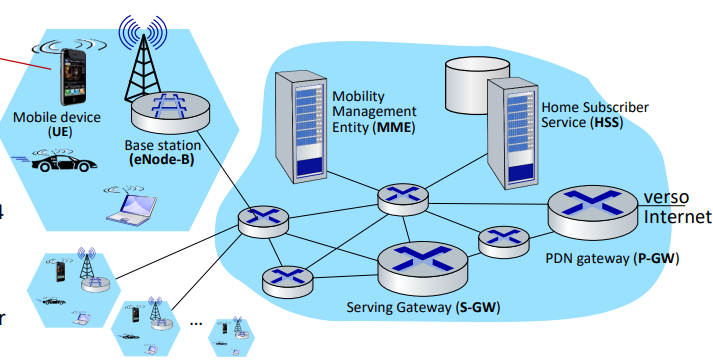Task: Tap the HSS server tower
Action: point(512,134)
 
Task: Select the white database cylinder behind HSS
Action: point(476,85)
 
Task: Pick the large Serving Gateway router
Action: point(423,268)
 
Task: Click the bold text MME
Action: point(394,127)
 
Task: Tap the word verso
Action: point(666,198)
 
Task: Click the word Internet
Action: point(677,217)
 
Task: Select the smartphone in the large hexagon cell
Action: point(73,76)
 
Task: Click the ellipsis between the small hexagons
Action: point(196,323)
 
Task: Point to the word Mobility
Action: point(358,97)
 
